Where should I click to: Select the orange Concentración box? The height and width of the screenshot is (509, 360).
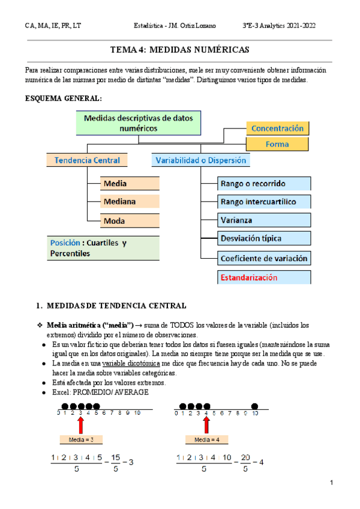[x=277, y=128]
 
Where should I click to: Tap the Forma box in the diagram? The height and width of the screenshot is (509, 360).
[x=277, y=144]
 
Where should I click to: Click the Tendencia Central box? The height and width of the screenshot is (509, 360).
[x=87, y=160]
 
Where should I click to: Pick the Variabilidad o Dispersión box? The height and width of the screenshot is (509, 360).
[x=200, y=160]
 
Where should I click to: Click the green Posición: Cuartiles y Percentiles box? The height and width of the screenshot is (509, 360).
[x=103, y=248]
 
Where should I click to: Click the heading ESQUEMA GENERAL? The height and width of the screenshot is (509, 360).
[x=63, y=98]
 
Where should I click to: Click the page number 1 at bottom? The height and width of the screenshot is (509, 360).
[x=331, y=483]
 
